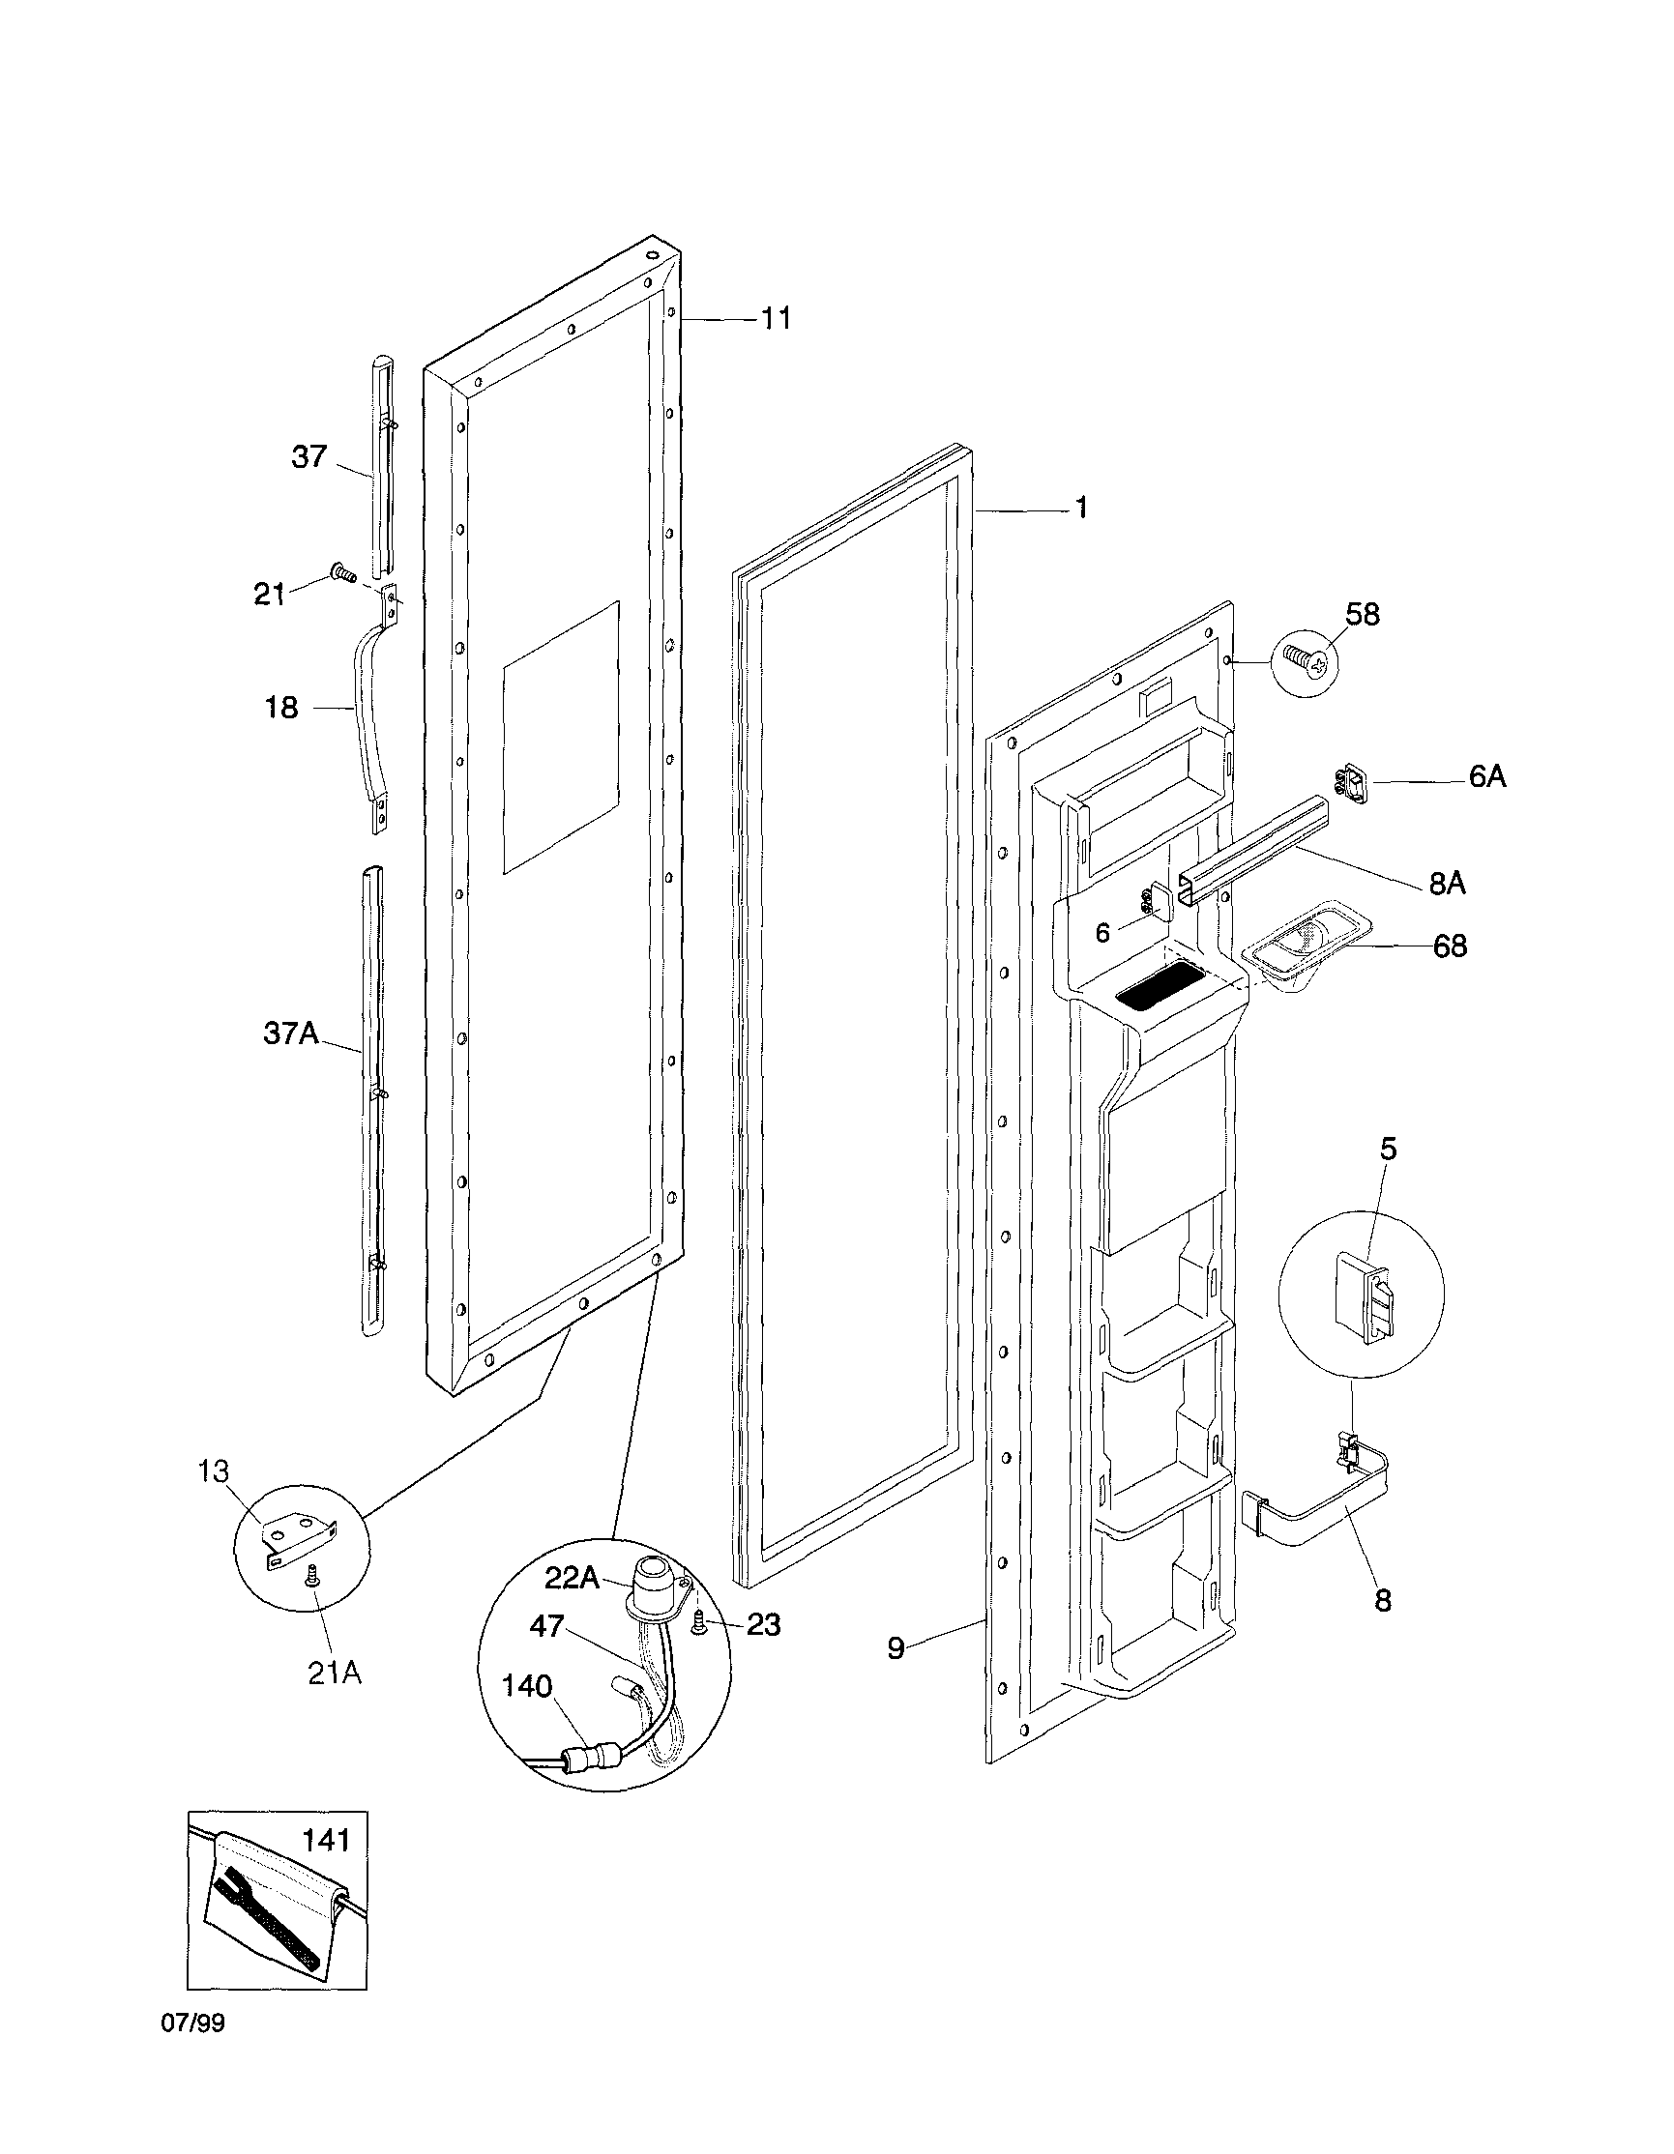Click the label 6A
coord(1487,777)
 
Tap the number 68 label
coord(1449,946)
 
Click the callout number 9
coord(896,1648)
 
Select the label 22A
coord(573,1578)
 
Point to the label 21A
coord(335,1674)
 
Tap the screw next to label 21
coord(343,572)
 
